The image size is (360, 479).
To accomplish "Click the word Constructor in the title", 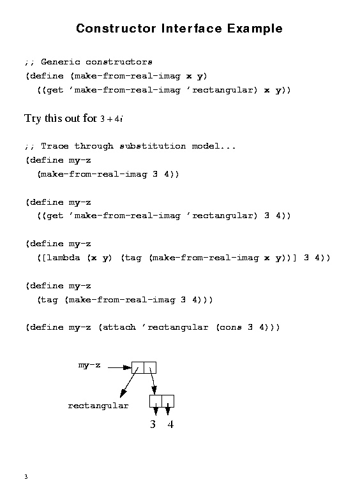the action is click(x=116, y=29).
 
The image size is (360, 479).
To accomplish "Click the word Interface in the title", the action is click(x=191, y=29).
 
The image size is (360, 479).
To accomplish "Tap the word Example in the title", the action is click(x=255, y=29).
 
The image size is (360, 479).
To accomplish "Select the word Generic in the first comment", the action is click(x=61, y=62).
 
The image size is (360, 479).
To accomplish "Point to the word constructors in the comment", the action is click(x=119, y=62).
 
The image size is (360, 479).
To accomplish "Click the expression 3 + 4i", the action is click(x=112, y=119).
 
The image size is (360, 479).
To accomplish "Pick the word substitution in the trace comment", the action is click(x=153, y=146).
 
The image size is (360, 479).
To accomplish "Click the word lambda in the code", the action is click(x=63, y=258).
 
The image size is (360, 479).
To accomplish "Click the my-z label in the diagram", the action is click(x=89, y=365).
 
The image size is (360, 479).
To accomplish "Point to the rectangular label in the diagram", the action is click(x=98, y=406).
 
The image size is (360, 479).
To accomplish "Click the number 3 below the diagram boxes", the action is click(x=153, y=424).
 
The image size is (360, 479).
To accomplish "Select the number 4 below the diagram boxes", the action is click(x=170, y=424).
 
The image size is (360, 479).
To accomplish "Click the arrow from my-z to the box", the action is click(x=120, y=367).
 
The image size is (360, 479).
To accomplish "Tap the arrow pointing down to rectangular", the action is click(x=129, y=383).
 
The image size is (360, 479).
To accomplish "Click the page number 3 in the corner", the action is click(x=26, y=476).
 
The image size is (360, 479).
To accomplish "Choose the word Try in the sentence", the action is click(x=33, y=119).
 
